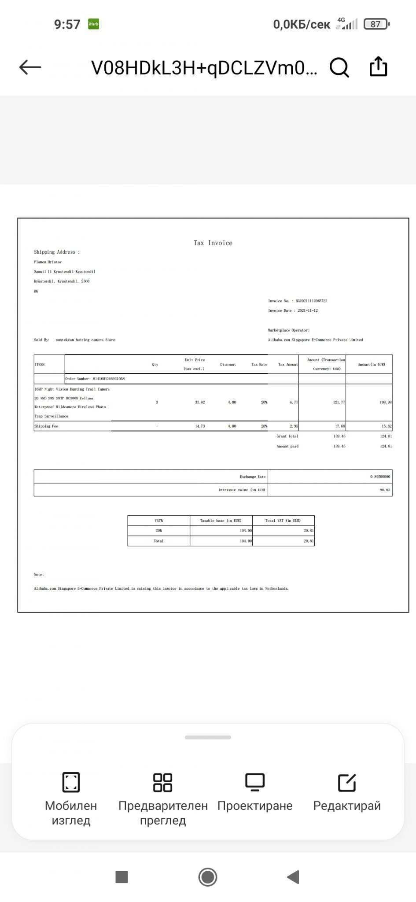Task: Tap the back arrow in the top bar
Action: point(30,67)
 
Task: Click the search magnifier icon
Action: point(339,67)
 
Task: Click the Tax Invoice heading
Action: point(213,243)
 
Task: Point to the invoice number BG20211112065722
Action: point(311,301)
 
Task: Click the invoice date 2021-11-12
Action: point(307,311)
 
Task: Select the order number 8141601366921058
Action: point(108,379)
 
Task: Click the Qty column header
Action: point(155,365)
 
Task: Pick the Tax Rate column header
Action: point(259,365)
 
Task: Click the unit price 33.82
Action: point(200,402)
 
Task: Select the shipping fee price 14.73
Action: point(200,426)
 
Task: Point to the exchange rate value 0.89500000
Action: point(380,477)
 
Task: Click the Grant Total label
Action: point(287,436)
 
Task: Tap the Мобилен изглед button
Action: point(71,798)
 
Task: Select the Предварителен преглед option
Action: point(163,798)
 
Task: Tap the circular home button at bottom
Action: point(208,877)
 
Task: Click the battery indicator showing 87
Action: point(376,24)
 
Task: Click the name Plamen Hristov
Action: point(48,262)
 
